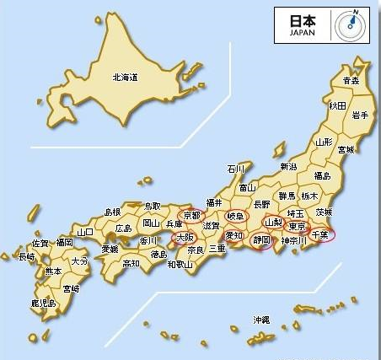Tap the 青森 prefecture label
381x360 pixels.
click(x=351, y=81)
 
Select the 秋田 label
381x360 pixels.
click(x=337, y=105)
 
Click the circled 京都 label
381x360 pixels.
click(x=192, y=216)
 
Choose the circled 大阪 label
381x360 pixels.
click(x=185, y=239)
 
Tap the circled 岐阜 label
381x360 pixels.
click(x=233, y=217)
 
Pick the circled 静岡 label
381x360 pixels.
click(x=261, y=240)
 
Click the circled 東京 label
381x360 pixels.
click(x=296, y=226)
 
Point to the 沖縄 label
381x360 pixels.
click(x=261, y=320)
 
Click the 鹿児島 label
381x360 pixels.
click(x=43, y=302)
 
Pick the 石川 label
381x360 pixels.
click(x=237, y=169)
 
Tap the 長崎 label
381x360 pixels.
click(x=27, y=256)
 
